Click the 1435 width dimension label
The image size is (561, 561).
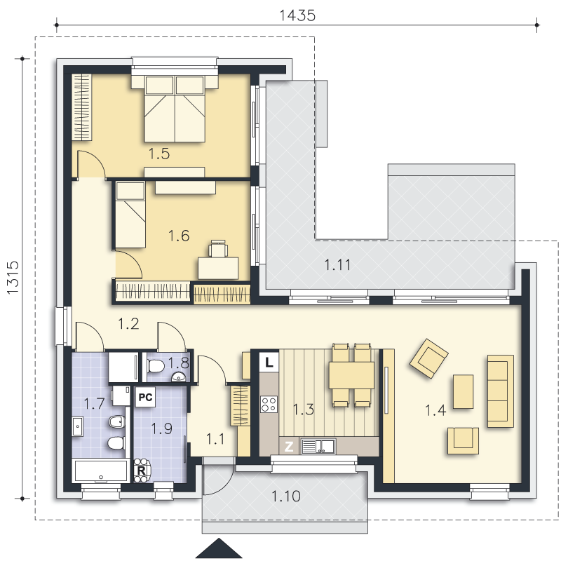pyautogui.click(x=297, y=15)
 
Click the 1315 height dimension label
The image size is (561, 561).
pyautogui.click(x=13, y=278)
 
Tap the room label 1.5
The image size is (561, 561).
pyautogui.click(x=159, y=154)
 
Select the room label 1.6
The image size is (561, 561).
pyautogui.click(x=179, y=236)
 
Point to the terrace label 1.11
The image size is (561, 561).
pyautogui.click(x=337, y=265)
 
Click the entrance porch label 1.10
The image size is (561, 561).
pyautogui.click(x=286, y=496)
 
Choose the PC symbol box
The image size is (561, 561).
pyautogui.click(x=145, y=397)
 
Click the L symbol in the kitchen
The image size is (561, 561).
pyautogui.click(x=269, y=363)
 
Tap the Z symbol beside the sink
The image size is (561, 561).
pyautogui.click(x=289, y=446)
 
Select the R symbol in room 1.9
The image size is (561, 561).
pyautogui.click(x=142, y=470)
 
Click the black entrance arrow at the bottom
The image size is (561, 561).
pyautogui.click(x=219, y=548)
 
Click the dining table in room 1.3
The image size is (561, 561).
pyautogui.click(x=351, y=375)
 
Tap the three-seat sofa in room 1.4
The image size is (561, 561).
pyautogui.click(x=501, y=391)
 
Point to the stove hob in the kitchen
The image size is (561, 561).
pyautogui.click(x=269, y=404)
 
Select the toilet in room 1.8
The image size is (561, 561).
pyautogui.click(x=156, y=366)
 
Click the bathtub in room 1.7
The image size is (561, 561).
pyautogui.click(x=101, y=471)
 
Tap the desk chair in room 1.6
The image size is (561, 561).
pyautogui.click(x=218, y=249)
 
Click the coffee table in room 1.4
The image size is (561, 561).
pyautogui.click(x=464, y=391)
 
